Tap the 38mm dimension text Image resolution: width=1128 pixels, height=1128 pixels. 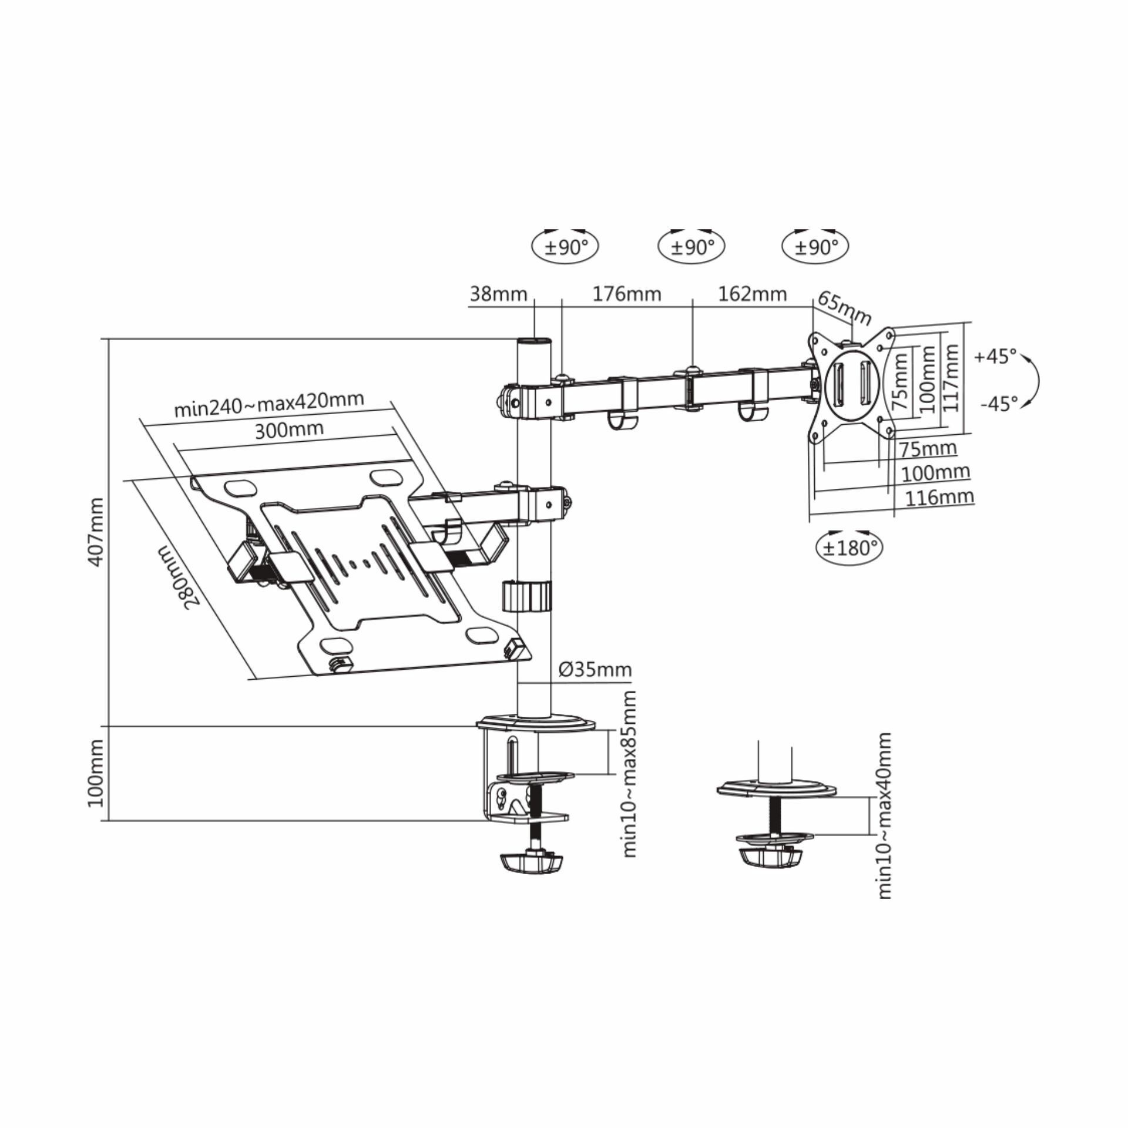[x=498, y=293]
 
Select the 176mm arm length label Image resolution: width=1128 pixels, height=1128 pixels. [x=626, y=293]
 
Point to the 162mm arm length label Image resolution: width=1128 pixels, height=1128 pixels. [x=752, y=293]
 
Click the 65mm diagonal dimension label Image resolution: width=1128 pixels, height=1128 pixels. [x=844, y=307]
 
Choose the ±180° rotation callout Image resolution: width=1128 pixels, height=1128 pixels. [x=850, y=548]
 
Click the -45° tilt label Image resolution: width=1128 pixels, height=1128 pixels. [x=999, y=404]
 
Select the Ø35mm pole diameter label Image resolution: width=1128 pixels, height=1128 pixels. [x=595, y=669]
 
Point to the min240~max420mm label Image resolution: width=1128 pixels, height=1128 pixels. [x=269, y=404]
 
